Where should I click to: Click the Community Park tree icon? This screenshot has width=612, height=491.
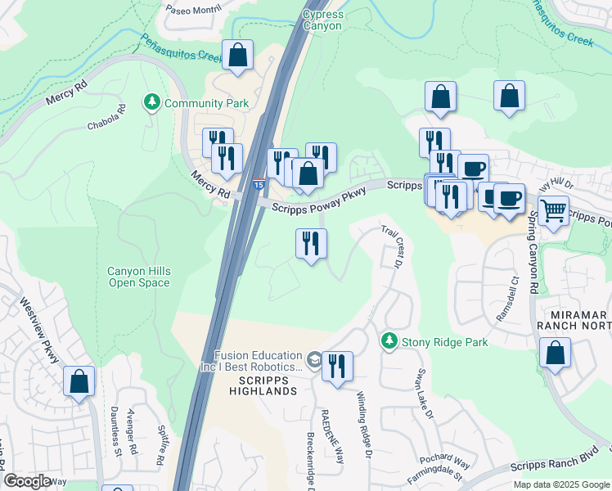[x=151, y=103]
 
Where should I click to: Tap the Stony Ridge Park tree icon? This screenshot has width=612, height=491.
[x=390, y=340]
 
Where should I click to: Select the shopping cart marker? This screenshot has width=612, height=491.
[x=554, y=211]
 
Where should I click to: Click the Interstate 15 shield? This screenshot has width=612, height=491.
[x=259, y=186]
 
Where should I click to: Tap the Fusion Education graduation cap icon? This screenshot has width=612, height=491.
[x=313, y=360]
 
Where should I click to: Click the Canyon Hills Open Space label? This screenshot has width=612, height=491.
[x=139, y=277]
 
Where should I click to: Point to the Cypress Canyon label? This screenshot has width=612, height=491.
[x=322, y=20]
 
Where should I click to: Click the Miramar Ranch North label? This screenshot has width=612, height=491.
[x=574, y=321]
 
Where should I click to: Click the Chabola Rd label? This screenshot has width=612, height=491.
[x=107, y=119]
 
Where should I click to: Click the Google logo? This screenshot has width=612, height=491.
[x=27, y=481]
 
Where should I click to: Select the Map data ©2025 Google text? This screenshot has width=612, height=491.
[x=560, y=484]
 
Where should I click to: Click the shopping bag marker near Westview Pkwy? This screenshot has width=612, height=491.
[x=79, y=381]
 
